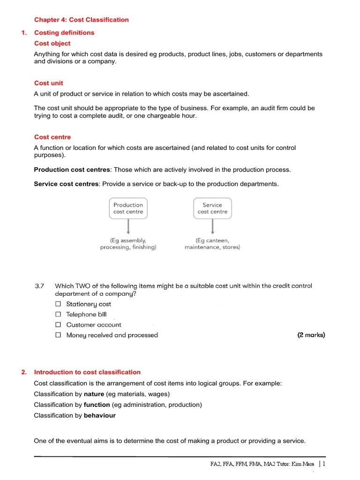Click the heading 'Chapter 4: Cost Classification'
click(x=81, y=20)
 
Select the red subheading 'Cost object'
click(x=52, y=44)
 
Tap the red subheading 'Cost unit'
click(x=48, y=83)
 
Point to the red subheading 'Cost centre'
click(x=52, y=137)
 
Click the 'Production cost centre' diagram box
click(x=128, y=208)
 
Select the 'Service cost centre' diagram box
click(x=212, y=208)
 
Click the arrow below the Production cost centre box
click(x=128, y=227)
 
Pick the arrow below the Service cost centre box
click(x=213, y=227)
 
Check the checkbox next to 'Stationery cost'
click(x=58, y=304)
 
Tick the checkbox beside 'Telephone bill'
click(x=58, y=315)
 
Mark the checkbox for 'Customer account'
click(x=58, y=325)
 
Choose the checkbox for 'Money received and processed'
click(x=58, y=335)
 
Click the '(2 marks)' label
click(x=311, y=335)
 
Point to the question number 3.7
click(x=39, y=286)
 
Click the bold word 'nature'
click(x=94, y=394)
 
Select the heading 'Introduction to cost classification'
click(x=87, y=372)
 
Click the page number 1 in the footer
click(x=323, y=464)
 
